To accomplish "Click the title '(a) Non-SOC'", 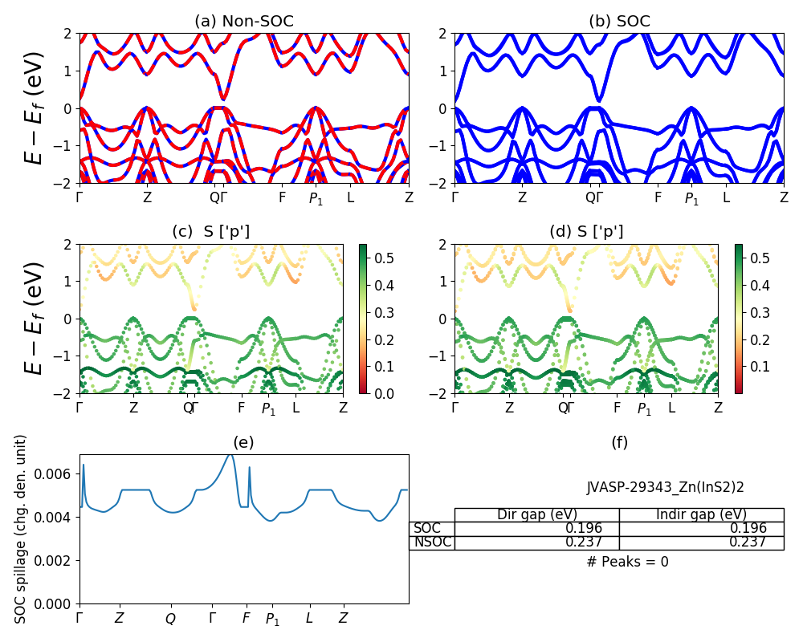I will [244, 22].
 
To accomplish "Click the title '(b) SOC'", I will [619, 22].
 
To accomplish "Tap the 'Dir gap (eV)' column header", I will [536, 514].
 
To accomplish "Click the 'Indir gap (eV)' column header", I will [701, 514].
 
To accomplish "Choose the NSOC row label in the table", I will [432, 542].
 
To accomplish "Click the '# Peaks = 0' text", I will [627, 562].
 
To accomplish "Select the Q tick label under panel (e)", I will [170, 619].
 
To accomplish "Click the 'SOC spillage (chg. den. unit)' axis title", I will [22, 529].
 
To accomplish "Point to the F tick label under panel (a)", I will [282, 197].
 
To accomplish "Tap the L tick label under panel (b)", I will [726, 197].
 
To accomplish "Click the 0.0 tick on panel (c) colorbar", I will [383, 393].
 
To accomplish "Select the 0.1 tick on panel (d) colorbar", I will [758, 367].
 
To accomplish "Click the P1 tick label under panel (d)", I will [644, 409].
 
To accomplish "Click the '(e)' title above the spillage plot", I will [243, 442].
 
